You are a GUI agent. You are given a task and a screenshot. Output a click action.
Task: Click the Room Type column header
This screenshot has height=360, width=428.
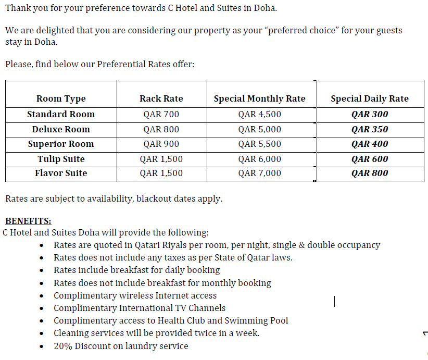pos(61,98)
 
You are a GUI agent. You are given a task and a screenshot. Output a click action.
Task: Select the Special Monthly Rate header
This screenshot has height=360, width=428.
pos(259,98)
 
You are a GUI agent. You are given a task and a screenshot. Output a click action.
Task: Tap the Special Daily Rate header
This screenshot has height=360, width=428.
pos(370,98)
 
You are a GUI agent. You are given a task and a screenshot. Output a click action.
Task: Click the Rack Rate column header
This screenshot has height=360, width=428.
pos(161,98)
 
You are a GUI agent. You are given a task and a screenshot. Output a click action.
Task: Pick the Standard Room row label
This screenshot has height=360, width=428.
pos(61,114)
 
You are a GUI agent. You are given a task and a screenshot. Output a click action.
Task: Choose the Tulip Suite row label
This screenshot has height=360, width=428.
pos(61,159)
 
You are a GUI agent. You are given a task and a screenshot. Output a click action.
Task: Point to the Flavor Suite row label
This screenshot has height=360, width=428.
pos(61,173)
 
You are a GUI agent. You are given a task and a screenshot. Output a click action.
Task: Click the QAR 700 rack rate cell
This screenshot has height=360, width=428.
pos(161,114)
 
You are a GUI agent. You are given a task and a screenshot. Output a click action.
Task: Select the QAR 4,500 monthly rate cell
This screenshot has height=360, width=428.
pos(259,114)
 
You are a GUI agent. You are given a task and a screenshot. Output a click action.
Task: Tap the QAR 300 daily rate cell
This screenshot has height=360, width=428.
pos(370,114)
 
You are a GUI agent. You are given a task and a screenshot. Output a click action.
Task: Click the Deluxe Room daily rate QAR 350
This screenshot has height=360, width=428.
pos(370,129)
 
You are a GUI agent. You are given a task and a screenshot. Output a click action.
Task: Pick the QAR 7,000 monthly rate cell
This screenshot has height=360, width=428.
pos(259,173)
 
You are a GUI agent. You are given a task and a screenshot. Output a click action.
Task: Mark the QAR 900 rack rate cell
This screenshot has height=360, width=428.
pos(161,144)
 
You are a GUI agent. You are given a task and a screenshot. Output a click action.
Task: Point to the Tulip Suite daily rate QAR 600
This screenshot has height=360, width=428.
pos(370,159)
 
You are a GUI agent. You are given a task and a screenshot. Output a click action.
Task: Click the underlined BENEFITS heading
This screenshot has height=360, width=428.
pos(28,221)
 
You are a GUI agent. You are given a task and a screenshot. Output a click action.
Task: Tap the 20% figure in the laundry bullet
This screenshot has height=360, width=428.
pos(62,346)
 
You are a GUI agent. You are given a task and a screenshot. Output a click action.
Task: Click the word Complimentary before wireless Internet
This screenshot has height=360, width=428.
pos(85,295)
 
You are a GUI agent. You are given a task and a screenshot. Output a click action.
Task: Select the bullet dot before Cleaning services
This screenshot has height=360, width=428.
pos(42,334)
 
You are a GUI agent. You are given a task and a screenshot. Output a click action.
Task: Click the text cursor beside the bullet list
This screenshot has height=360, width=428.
pos(335,301)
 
